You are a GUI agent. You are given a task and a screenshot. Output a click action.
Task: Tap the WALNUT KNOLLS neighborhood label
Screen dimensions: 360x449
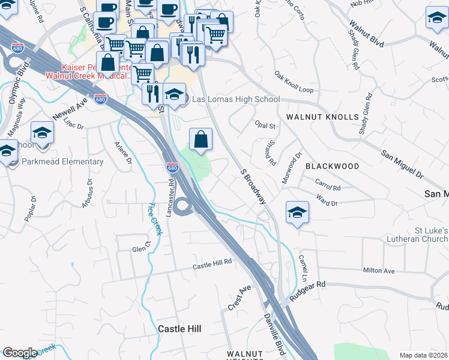point(322,116)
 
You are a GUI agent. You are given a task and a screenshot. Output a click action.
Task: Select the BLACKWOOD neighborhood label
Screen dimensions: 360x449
point(332,166)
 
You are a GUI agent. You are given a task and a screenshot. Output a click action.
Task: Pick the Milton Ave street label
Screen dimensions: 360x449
point(379,271)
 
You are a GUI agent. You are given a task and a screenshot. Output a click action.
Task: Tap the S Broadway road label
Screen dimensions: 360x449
point(253,187)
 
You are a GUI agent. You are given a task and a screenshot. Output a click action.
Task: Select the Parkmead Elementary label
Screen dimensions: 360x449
point(62,162)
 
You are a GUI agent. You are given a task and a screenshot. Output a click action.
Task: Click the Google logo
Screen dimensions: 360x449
point(20,353)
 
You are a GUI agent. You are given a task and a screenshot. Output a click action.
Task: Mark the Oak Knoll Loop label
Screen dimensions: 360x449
point(294,83)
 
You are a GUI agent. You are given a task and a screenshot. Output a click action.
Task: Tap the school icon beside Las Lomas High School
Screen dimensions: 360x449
point(174,94)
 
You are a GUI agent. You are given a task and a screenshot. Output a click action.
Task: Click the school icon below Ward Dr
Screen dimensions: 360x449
point(297,213)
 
